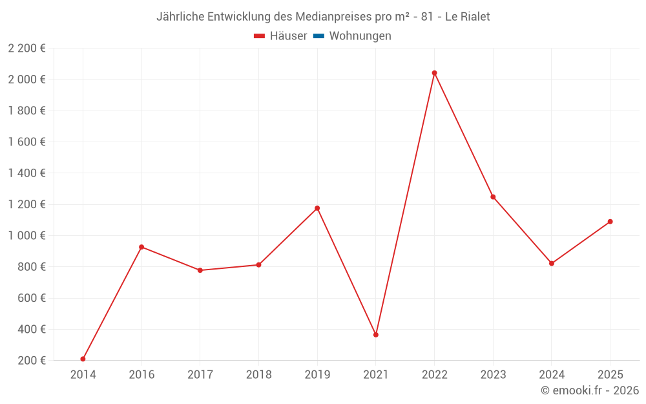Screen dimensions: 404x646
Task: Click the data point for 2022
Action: [434, 73]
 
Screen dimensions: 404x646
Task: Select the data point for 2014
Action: [83, 359]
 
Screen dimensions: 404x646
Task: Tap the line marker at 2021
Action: [376, 335]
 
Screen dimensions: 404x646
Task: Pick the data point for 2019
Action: [317, 208]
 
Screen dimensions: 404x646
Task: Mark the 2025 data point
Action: [610, 222]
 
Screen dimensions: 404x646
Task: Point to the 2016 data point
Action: [141, 247]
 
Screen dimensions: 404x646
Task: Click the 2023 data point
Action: [493, 197]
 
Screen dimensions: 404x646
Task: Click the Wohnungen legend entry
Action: [360, 36]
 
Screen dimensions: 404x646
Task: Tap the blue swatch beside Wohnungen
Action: [318, 36]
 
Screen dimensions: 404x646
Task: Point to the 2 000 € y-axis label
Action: [26, 80]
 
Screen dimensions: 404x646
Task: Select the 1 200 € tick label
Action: [26, 204]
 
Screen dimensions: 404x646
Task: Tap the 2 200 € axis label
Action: [26, 48]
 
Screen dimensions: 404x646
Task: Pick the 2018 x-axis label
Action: [258, 374]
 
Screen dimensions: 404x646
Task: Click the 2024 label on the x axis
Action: [551, 374]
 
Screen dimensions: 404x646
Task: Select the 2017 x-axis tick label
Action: [200, 374]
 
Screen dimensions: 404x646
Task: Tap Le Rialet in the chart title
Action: [467, 17]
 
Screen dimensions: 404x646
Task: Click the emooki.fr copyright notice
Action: [590, 390]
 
